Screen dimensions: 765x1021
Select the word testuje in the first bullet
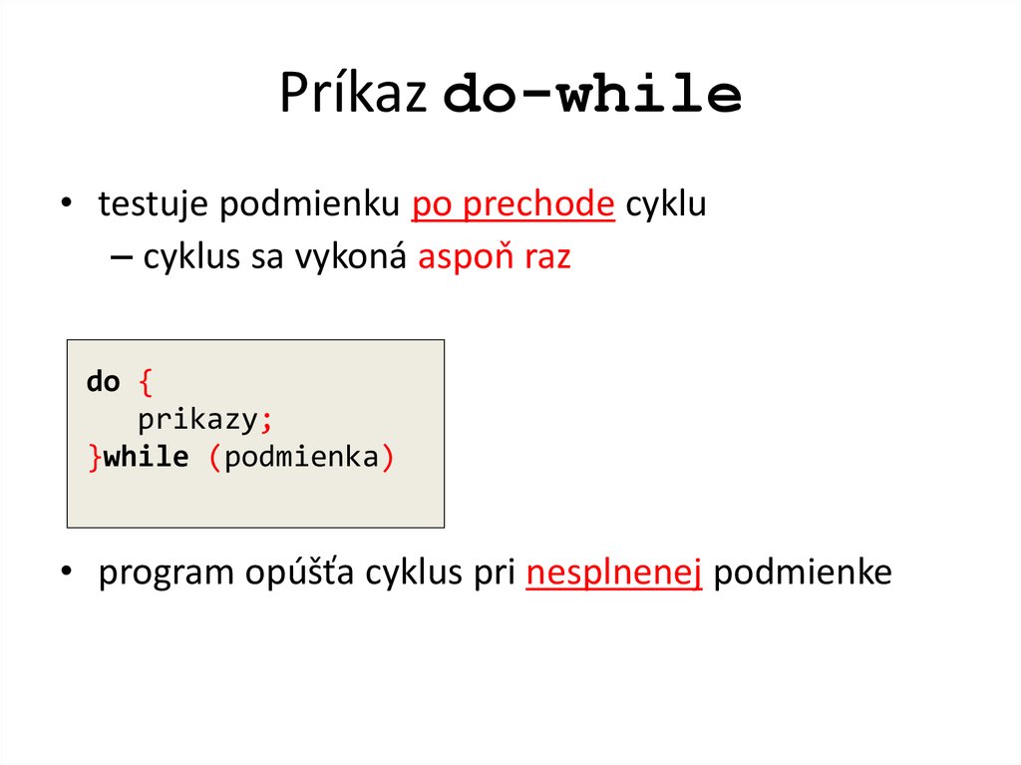[154, 204]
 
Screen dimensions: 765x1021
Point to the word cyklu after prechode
[665, 204]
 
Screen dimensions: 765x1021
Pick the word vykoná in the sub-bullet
[364, 257]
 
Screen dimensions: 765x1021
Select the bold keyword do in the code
[103, 381]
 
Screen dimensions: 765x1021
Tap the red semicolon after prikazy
[265, 420]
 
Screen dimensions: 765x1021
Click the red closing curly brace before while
[94, 458]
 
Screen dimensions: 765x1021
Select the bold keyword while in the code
[146, 458]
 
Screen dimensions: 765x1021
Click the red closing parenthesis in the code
[388, 458]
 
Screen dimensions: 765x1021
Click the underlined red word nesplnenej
[614, 574]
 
